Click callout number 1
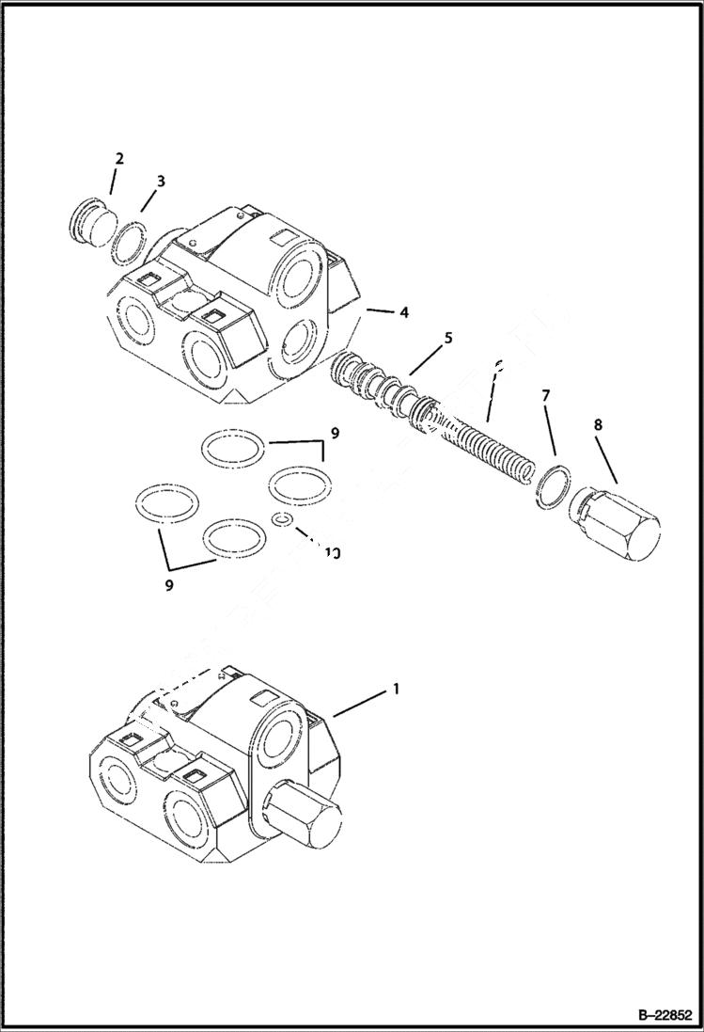tap(396, 689)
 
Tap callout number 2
tap(119, 159)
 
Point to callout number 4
tap(403, 311)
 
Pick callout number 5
tap(448, 337)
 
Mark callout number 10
tap(331, 553)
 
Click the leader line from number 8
tap(606, 461)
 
